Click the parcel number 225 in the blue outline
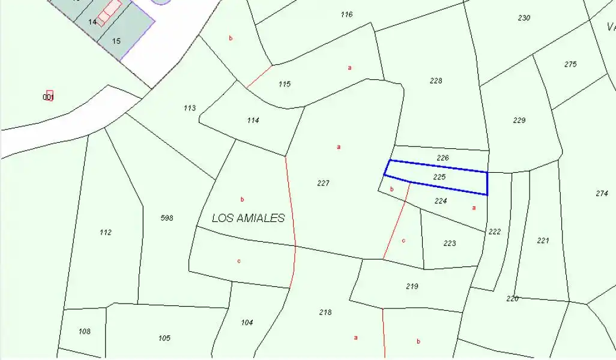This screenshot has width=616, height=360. (x=439, y=177)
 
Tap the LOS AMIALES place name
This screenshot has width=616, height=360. (x=248, y=218)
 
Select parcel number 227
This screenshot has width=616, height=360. (x=323, y=184)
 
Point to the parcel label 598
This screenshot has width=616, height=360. (x=167, y=218)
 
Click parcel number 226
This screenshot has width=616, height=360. (x=442, y=158)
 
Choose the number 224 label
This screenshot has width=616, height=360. (x=441, y=201)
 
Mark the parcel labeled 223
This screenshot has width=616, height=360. (x=450, y=243)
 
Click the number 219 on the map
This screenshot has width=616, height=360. (x=412, y=286)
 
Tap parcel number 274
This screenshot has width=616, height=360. (x=602, y=193)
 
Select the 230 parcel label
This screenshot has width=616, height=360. (x=524, y=18)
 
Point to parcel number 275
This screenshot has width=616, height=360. (x=570, y=64)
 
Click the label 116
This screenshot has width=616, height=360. (x=346, y=14)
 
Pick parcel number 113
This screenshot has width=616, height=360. (x=190, y=108)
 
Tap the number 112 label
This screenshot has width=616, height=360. (x=106, y=232)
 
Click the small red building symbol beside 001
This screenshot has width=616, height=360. (x=50, y=95)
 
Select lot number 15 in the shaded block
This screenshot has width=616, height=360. (x=116, y=41)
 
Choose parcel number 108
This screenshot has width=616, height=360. (x=85, y=331)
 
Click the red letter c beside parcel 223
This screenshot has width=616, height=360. (x=403, y=241)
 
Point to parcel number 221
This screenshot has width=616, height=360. (x=543, y=241)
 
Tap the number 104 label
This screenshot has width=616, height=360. (x=247, y=322)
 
